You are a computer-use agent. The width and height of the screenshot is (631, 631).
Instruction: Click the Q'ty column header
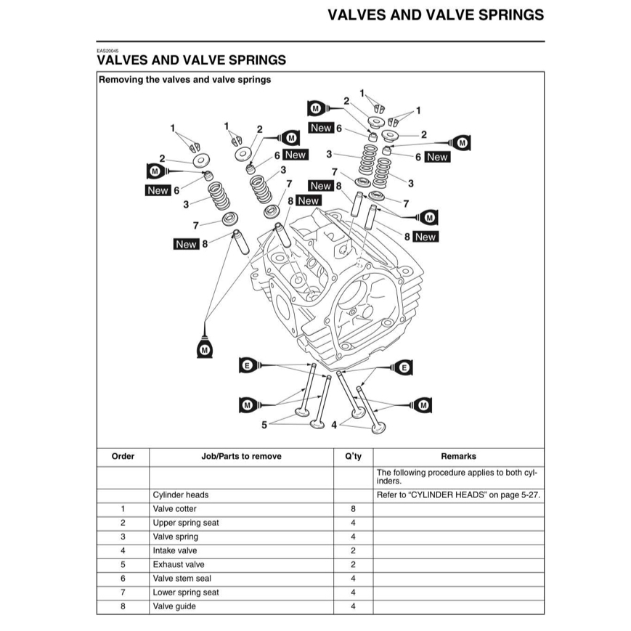pos(353,456)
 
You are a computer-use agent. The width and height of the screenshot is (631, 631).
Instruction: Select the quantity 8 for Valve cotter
pos(353,509)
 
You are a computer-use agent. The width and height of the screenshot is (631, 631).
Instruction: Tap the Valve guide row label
pos(174,606)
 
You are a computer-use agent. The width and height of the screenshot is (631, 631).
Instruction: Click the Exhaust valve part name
pos(179,565)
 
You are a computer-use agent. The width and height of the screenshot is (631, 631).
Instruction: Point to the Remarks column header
pos(458,456)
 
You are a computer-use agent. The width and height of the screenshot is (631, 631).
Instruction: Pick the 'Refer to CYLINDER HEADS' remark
pos(458,495)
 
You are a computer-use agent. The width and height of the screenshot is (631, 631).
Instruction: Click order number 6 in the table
pos(123,579)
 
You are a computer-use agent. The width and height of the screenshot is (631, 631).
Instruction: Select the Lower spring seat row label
pos(185,593)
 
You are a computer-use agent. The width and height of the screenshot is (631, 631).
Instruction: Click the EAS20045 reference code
pos(107,51)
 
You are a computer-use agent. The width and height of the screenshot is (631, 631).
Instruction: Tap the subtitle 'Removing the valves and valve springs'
pos(184,80)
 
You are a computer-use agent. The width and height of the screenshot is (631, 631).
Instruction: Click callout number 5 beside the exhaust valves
pos(264,425)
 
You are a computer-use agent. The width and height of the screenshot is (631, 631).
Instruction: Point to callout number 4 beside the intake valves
pos(334,425)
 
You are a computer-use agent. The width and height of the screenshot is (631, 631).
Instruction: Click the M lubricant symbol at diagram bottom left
pos(205,349)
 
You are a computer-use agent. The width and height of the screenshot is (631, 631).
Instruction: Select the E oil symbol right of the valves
pos(404,367)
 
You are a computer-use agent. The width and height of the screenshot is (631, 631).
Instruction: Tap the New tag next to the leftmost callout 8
pos(186,244)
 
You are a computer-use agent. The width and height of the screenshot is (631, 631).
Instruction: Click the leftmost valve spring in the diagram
pos(219,196)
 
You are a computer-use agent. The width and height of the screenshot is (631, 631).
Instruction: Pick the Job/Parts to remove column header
pos(242,456)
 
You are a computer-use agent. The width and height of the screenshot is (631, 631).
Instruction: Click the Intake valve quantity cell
pos(353,550)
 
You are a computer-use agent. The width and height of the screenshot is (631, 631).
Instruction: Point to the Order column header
pos(123,456)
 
